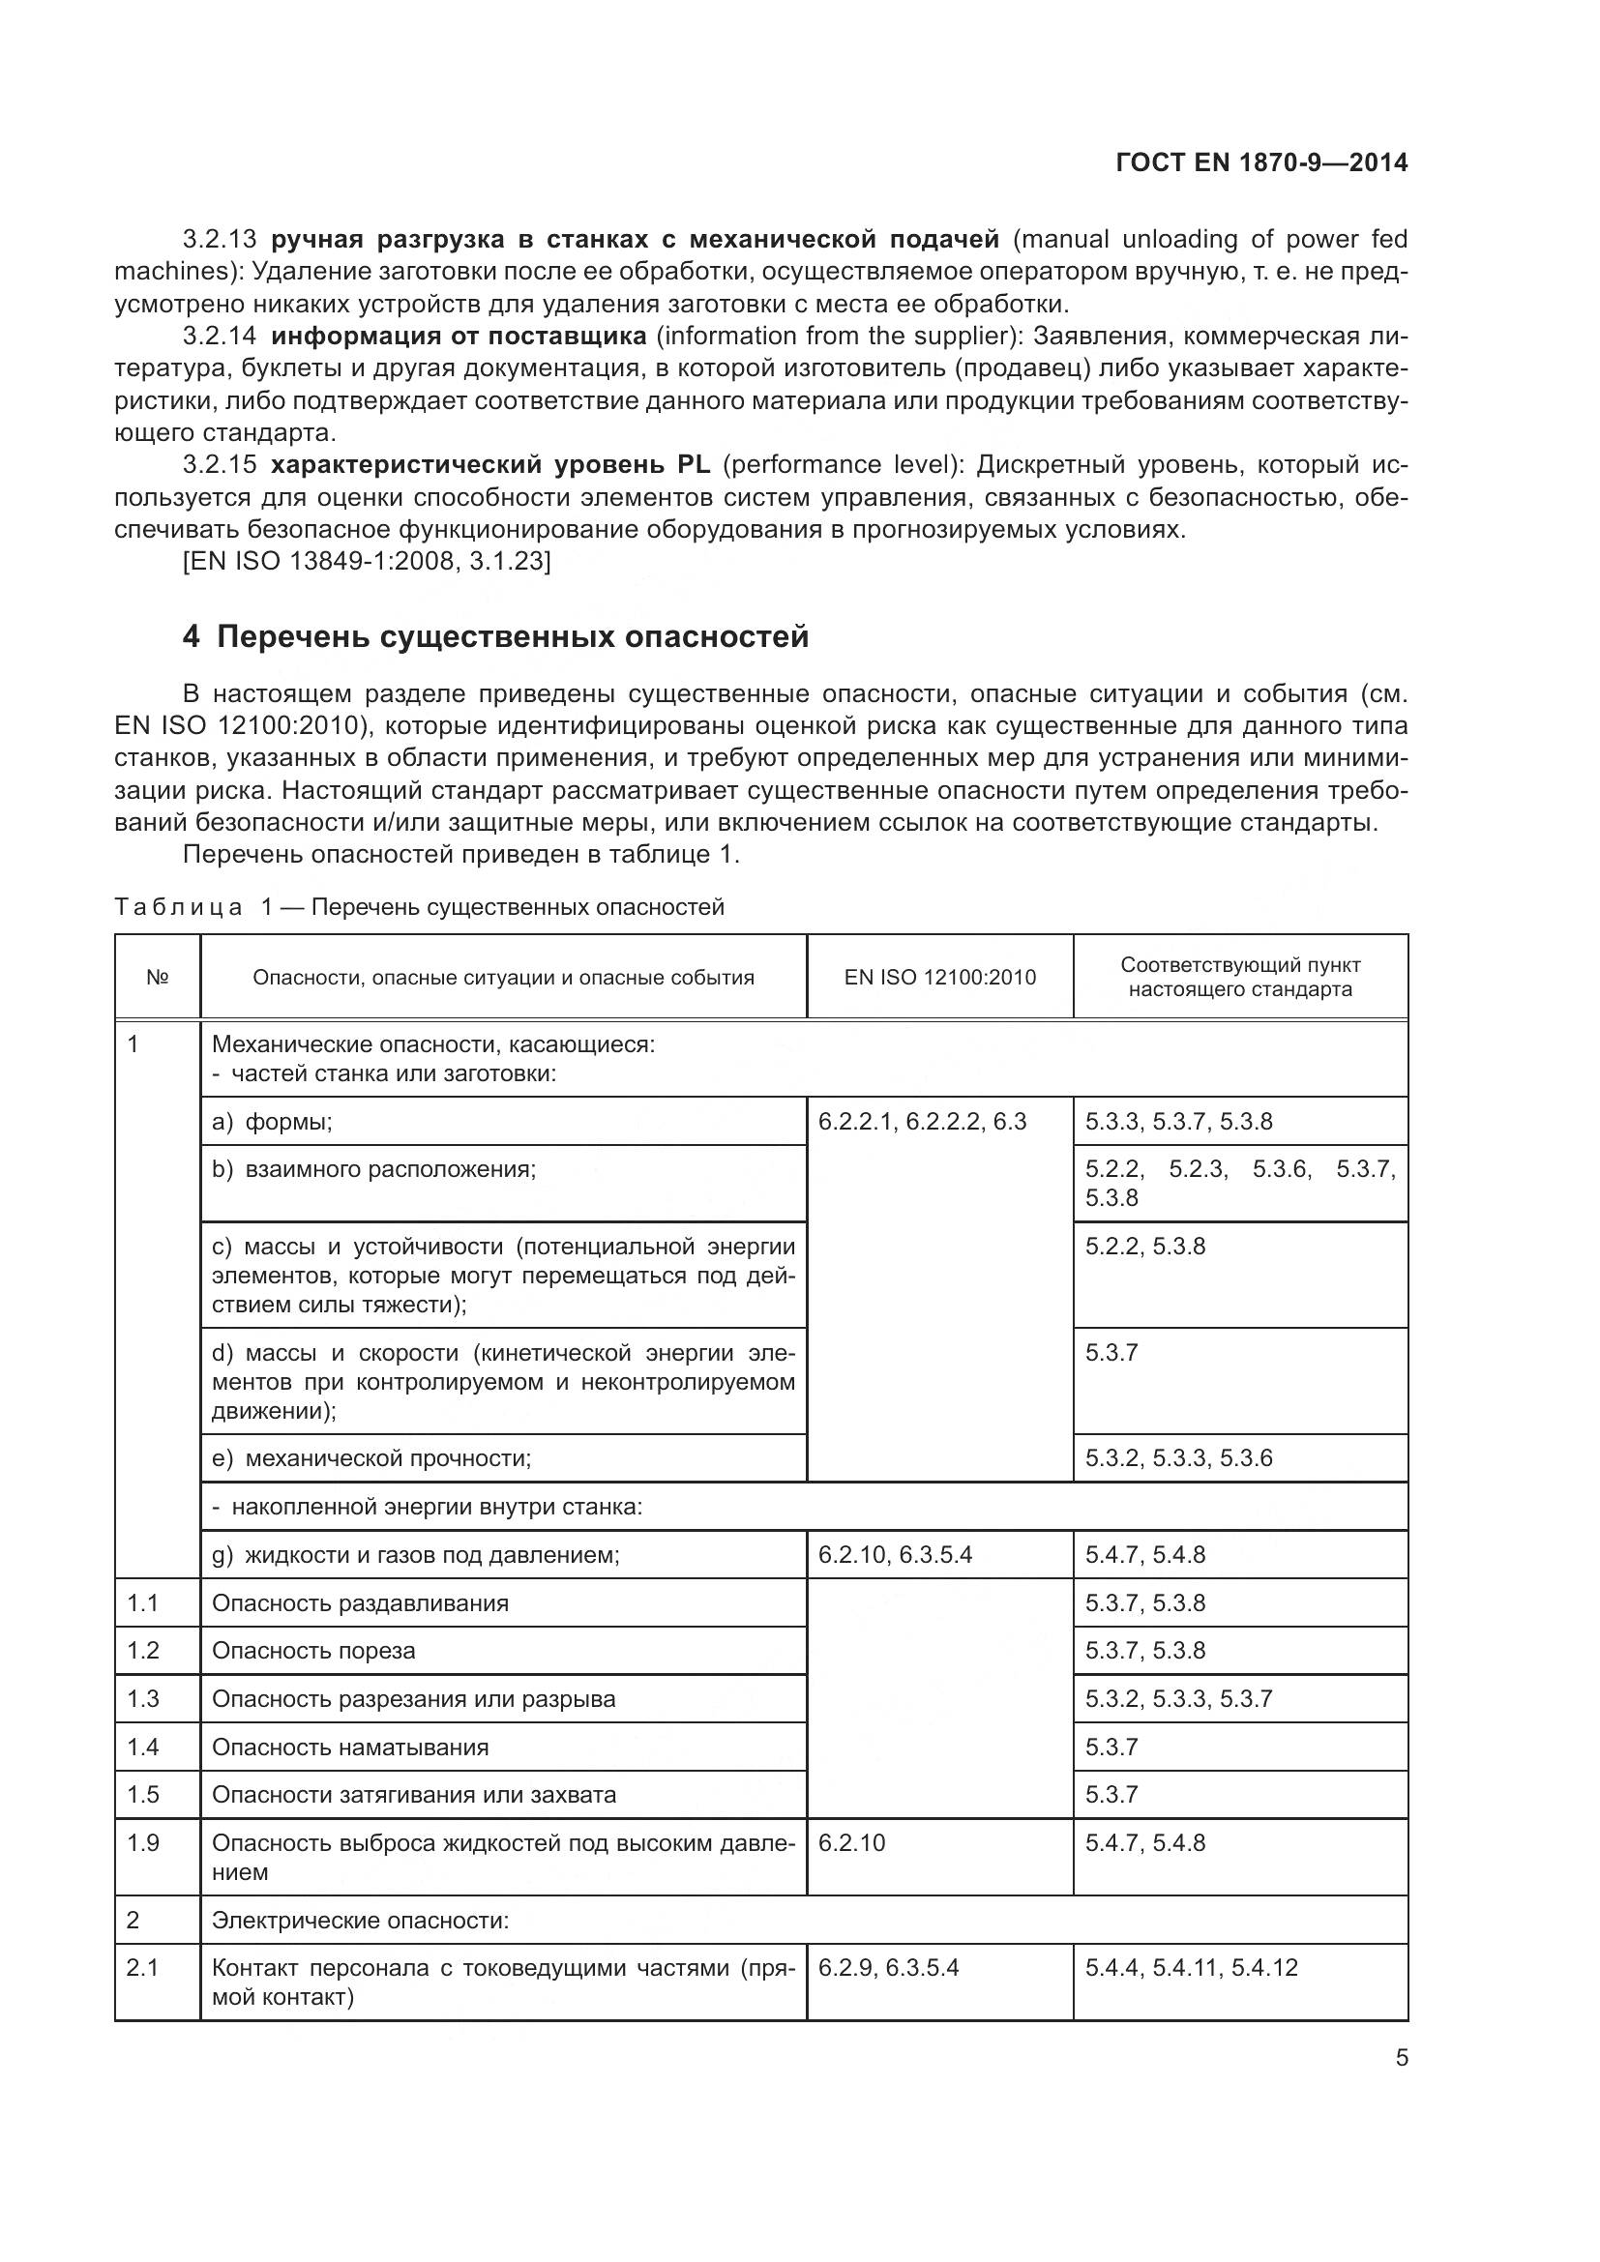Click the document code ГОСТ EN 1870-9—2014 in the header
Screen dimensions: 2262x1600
1261,162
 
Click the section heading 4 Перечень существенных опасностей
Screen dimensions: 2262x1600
494,637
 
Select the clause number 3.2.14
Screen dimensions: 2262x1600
219,336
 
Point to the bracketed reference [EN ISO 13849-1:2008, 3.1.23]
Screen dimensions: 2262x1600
367,562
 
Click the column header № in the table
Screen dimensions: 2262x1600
157,978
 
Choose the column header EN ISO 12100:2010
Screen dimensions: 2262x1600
939,978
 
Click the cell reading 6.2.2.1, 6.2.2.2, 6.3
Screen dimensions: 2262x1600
922,1121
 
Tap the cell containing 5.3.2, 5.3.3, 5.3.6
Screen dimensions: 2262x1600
1178,1458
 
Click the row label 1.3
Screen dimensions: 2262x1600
143,1698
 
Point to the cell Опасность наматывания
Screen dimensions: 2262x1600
350,1747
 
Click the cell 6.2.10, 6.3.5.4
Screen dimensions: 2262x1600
895,1555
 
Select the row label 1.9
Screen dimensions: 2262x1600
143,1842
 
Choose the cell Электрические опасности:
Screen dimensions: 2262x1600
361,1921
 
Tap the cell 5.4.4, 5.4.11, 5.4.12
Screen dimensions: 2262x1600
1191,1967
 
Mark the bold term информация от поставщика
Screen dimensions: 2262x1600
459,336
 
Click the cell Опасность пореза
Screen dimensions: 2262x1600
313,1650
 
